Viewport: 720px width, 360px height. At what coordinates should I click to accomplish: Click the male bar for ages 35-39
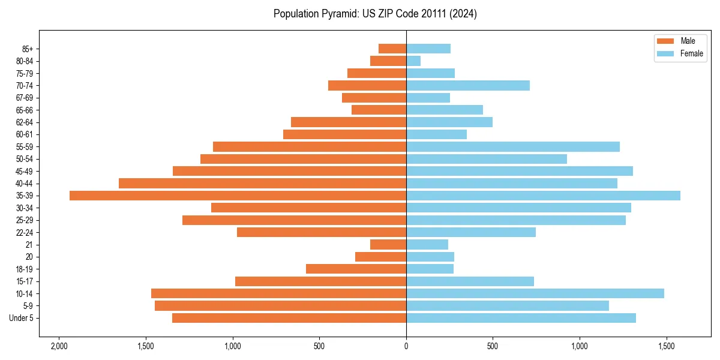[238, 196]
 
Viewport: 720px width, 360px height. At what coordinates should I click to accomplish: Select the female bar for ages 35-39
[543, 196]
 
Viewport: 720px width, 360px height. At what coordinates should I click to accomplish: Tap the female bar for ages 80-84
[413, 61]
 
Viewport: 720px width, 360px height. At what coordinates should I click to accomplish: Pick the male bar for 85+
[392, 49]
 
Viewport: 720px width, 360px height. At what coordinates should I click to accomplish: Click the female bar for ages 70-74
[468, 85]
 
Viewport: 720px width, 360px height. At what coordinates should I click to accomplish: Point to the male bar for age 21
[388, 245]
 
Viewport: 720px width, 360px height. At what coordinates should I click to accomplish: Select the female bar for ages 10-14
[535, 293]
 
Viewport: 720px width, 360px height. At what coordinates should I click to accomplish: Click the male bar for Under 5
[289, 318]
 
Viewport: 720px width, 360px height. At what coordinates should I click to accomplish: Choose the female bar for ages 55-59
[513, 146]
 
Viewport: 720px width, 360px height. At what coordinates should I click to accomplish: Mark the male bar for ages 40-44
[262, 183]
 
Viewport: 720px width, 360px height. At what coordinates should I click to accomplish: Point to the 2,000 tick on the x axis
[59, 346]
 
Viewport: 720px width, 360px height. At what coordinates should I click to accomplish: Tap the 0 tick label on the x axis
[406, 346]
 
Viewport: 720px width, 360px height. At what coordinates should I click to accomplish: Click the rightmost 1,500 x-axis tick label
[667, 346]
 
